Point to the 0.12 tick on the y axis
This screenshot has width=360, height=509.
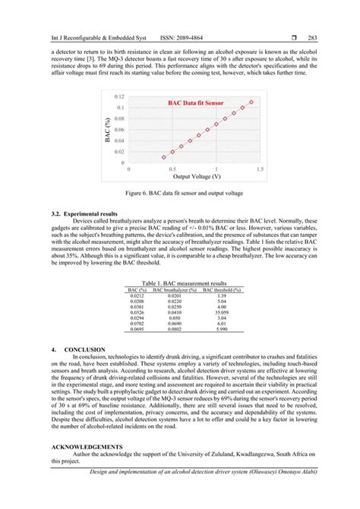(x=118, y=97)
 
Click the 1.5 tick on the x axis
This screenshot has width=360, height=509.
(x=260, y=169)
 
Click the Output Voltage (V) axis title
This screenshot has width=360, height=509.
(x=197, y=176)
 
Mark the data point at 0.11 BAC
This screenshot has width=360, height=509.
(x=251, y=102)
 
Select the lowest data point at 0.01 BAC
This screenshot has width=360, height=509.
(x=163, y=157)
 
